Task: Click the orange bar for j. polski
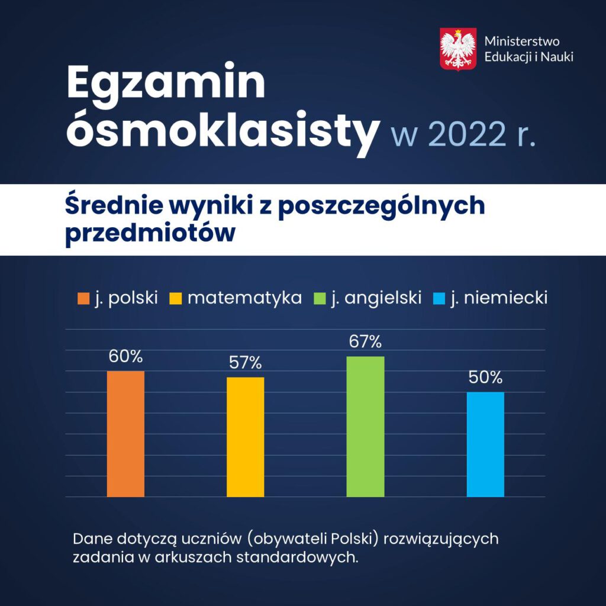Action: click(x=125, y=434)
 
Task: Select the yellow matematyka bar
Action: click(x=246, y=437)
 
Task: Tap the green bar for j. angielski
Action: click(x=365, y=426)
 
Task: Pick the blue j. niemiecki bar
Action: click(x=485, y=444)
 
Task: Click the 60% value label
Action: click(x=125, y=356)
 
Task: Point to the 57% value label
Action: click(x=246, y=363)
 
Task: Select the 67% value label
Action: click(x=365, y=341)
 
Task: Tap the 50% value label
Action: click(x=485, y=377)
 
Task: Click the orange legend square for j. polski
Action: click(x=83, y=298)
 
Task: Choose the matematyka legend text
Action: click(x=244, y=298)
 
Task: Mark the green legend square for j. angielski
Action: click(x=320, y=298)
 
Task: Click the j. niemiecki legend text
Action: click(x=499, y=298)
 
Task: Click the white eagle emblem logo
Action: click(x=458, y=49)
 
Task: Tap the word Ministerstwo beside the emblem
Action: click(x=522, y=41)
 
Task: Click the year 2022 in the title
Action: click(x=467, y=134)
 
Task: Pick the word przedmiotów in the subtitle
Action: click(x=150, y=233)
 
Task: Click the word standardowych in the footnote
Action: click(x=297, y=557)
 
